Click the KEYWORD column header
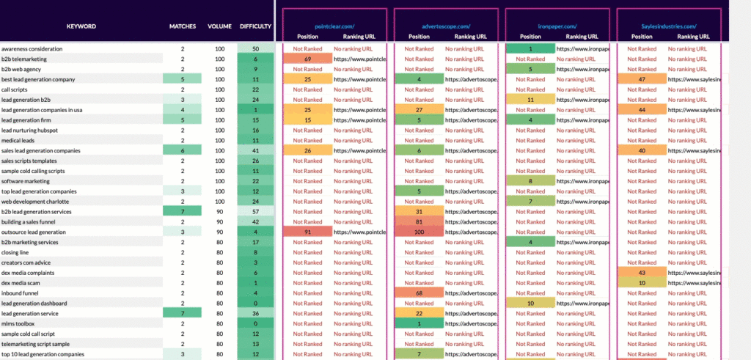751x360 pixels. coord(81,26)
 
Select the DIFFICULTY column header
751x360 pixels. coord(255,26)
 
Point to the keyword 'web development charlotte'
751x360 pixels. coord(35,201)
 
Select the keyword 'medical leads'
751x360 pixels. coord(18,140)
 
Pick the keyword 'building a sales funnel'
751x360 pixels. coord(32,221)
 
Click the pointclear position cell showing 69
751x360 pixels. coord(308,59)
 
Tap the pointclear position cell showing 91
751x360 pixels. coord(308,232)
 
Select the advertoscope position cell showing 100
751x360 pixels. coord(419,232)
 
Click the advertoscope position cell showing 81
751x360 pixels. coord(419,221)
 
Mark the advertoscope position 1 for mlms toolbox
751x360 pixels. coord(419,323)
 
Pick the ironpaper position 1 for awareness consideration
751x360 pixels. coord(530,48)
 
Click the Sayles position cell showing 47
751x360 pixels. coord(642,78)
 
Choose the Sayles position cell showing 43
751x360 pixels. coord(642,272)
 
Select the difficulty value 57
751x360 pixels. coord(255,211)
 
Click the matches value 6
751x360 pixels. coord(183,150)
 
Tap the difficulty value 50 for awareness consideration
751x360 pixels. coord(255,48)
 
